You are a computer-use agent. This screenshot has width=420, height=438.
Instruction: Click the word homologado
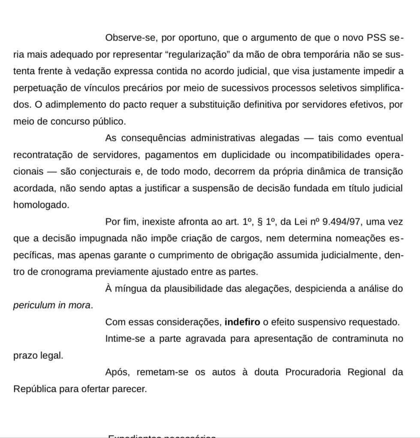[41, 205]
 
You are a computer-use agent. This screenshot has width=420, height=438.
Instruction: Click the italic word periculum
[34, 305]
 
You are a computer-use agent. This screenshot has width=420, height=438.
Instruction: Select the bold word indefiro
[242, 322]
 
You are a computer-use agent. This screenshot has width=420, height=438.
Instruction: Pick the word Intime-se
[124, 339]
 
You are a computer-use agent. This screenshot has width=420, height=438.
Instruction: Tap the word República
[35, 389]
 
